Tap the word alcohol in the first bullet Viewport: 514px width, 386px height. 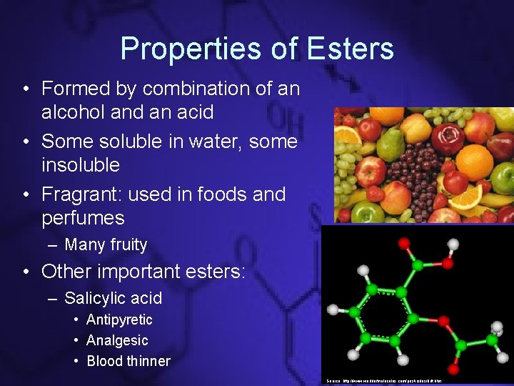click(71, 112)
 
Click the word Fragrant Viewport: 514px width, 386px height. click(89, 194)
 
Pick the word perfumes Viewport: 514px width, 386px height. click(83, 218)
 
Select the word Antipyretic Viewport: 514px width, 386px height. click(119, 320)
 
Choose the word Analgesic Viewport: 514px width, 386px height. click(117, 341)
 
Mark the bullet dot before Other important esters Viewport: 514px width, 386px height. click(25, 272)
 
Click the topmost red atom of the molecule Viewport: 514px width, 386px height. click(405, 244)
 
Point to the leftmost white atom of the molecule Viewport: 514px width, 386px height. click(332, 310)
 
